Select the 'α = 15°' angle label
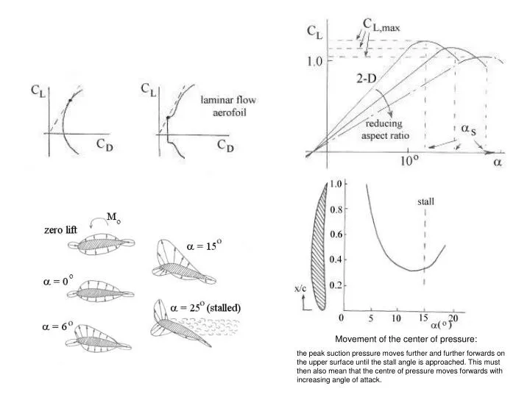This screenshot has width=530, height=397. (x=194, y=247)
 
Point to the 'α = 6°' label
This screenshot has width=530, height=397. (x=55, y=327)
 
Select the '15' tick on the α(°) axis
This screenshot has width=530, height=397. (x=423, y=319)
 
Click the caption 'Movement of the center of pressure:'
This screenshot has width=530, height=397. (x=406, y=339)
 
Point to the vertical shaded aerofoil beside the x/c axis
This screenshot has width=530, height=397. (x=320, y=246)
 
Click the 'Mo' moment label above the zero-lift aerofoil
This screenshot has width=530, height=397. (x=114, y=218)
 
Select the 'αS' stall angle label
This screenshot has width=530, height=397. (x=470, y=129)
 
